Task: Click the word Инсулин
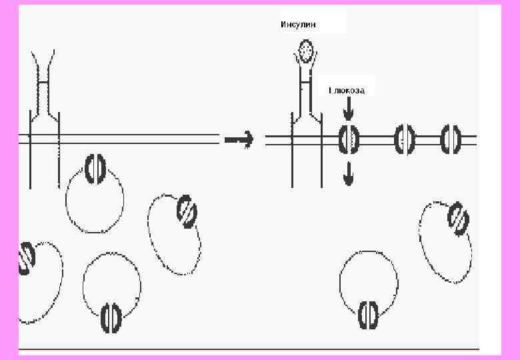point(298,25)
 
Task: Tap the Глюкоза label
point(347,90)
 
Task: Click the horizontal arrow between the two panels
point(239,140)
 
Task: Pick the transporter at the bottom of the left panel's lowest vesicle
point(110,318)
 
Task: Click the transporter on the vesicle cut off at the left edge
point(27,257)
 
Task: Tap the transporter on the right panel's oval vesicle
point(459,219)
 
